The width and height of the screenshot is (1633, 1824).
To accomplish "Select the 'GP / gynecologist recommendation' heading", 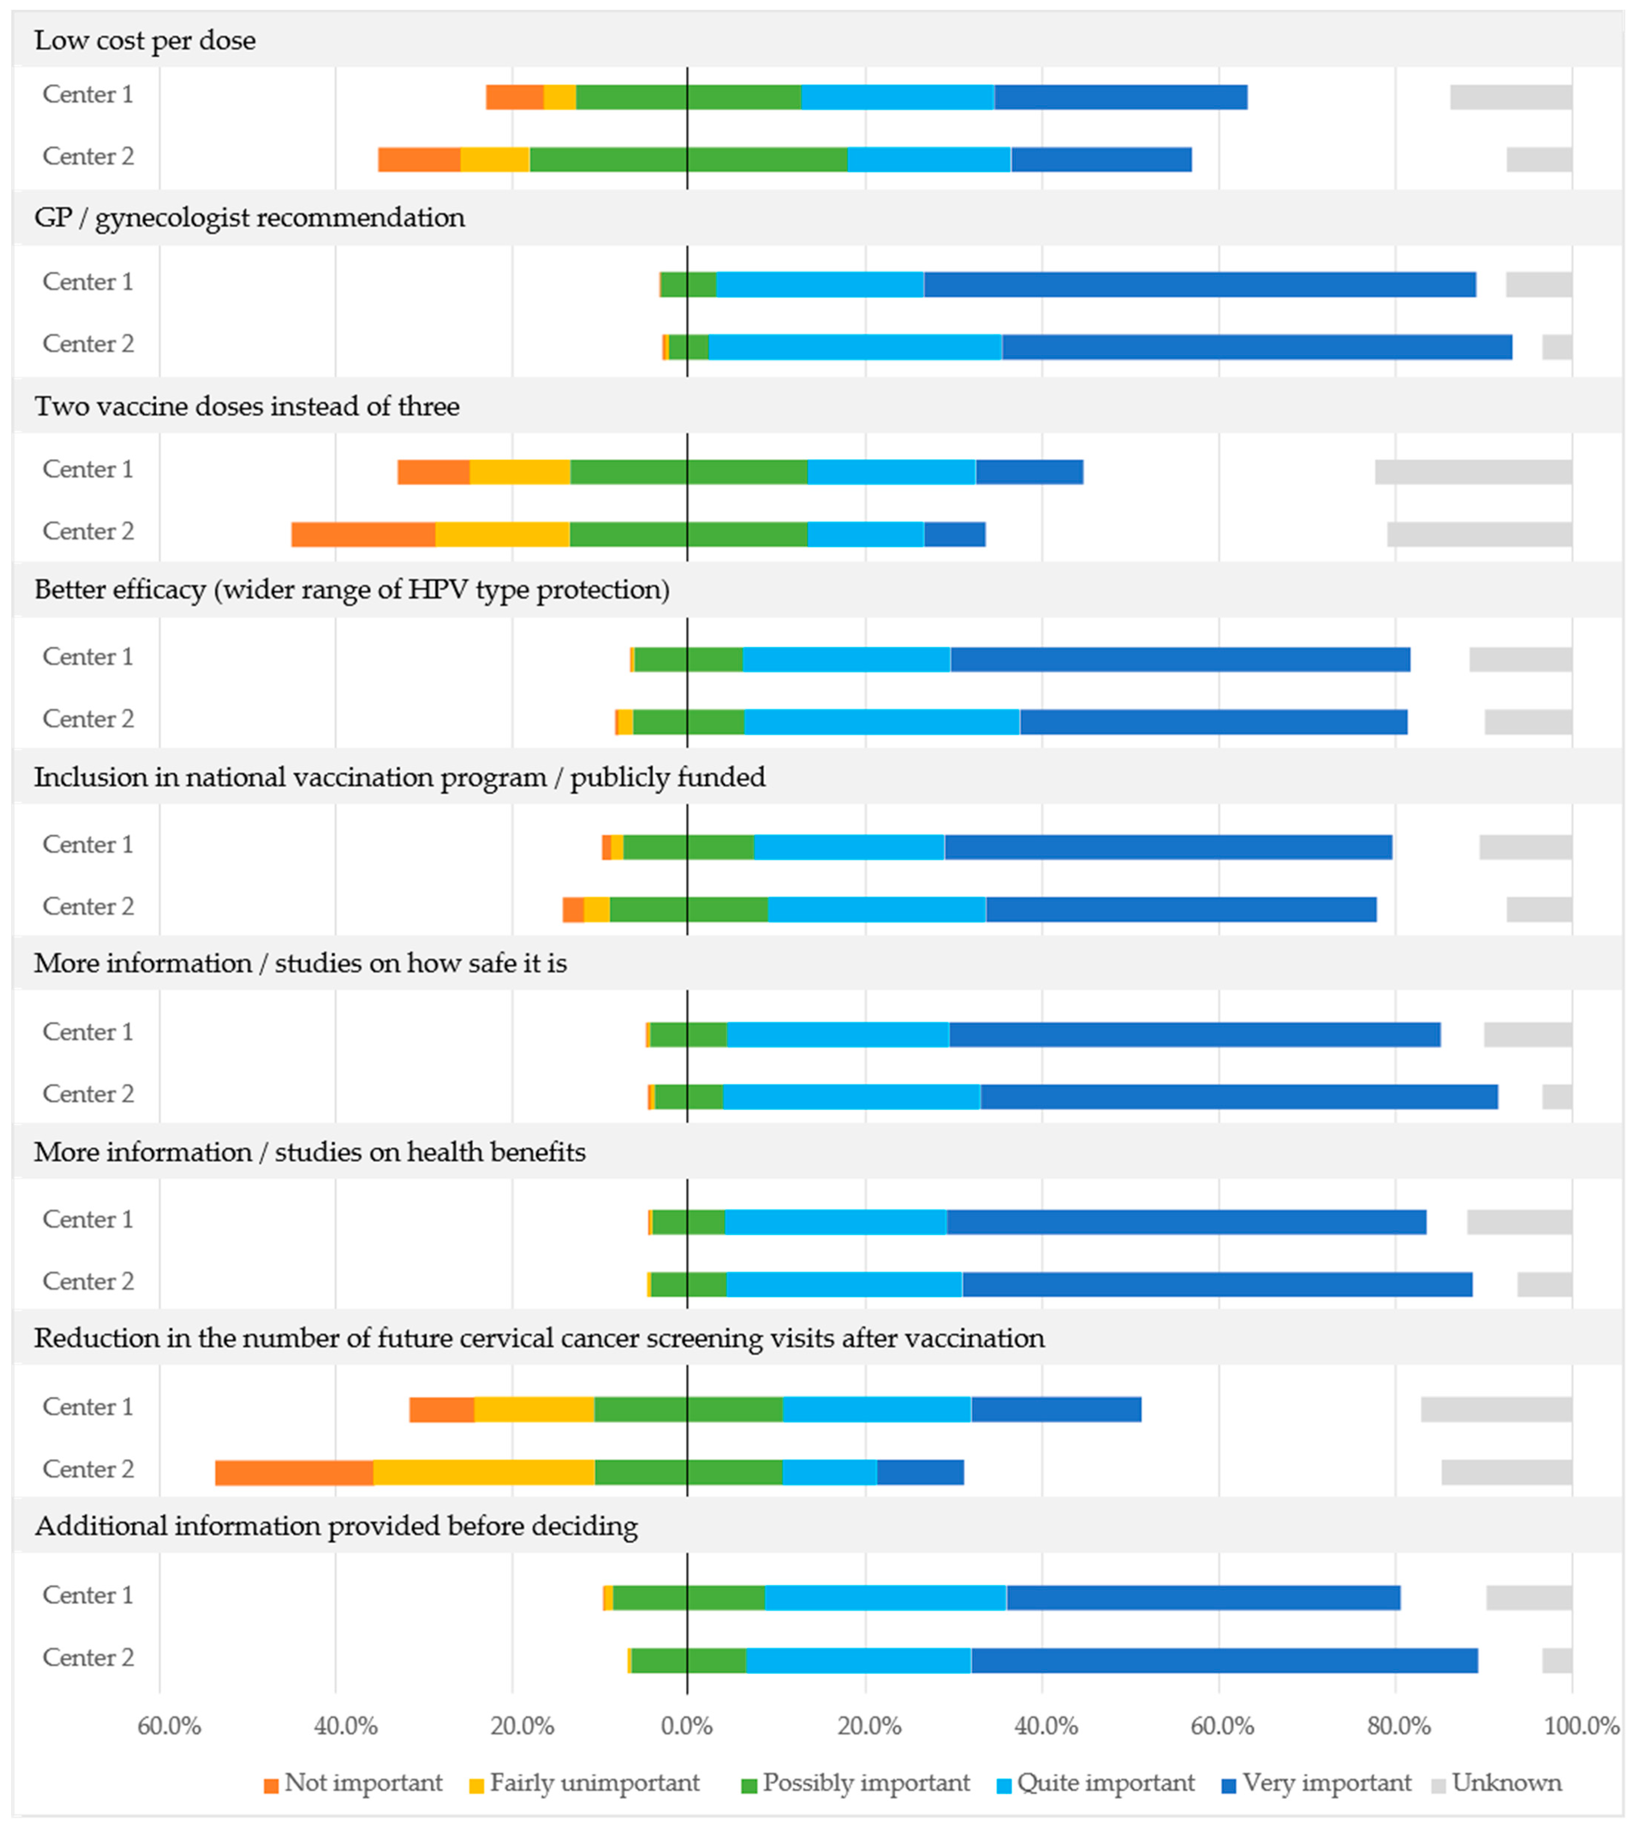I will coord(249,218).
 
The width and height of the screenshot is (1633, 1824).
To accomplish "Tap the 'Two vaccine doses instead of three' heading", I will coord(247,406).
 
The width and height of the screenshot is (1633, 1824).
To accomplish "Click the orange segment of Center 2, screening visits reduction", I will coord(294,1472).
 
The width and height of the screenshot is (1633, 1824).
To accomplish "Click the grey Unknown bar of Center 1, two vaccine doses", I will coord(1473,472).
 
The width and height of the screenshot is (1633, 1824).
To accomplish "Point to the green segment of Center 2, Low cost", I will coord(688,160).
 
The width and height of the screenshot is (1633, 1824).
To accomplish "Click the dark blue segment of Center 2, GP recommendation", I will coord(1256,347).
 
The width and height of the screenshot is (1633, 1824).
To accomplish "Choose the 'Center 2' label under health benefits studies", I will coord(88,1281).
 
